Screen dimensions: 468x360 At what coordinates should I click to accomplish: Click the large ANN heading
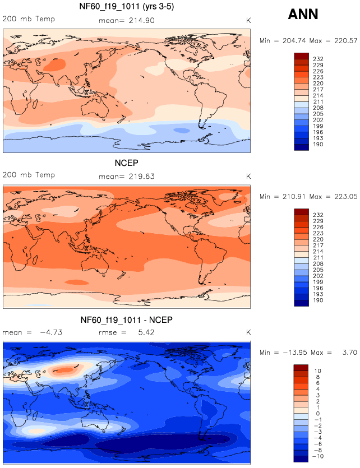(303, 15)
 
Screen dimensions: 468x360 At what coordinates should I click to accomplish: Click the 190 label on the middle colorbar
(317, 300)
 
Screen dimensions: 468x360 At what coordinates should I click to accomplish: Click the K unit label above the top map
(248, 20)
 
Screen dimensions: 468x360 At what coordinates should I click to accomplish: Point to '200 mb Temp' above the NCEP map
(29, 175)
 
